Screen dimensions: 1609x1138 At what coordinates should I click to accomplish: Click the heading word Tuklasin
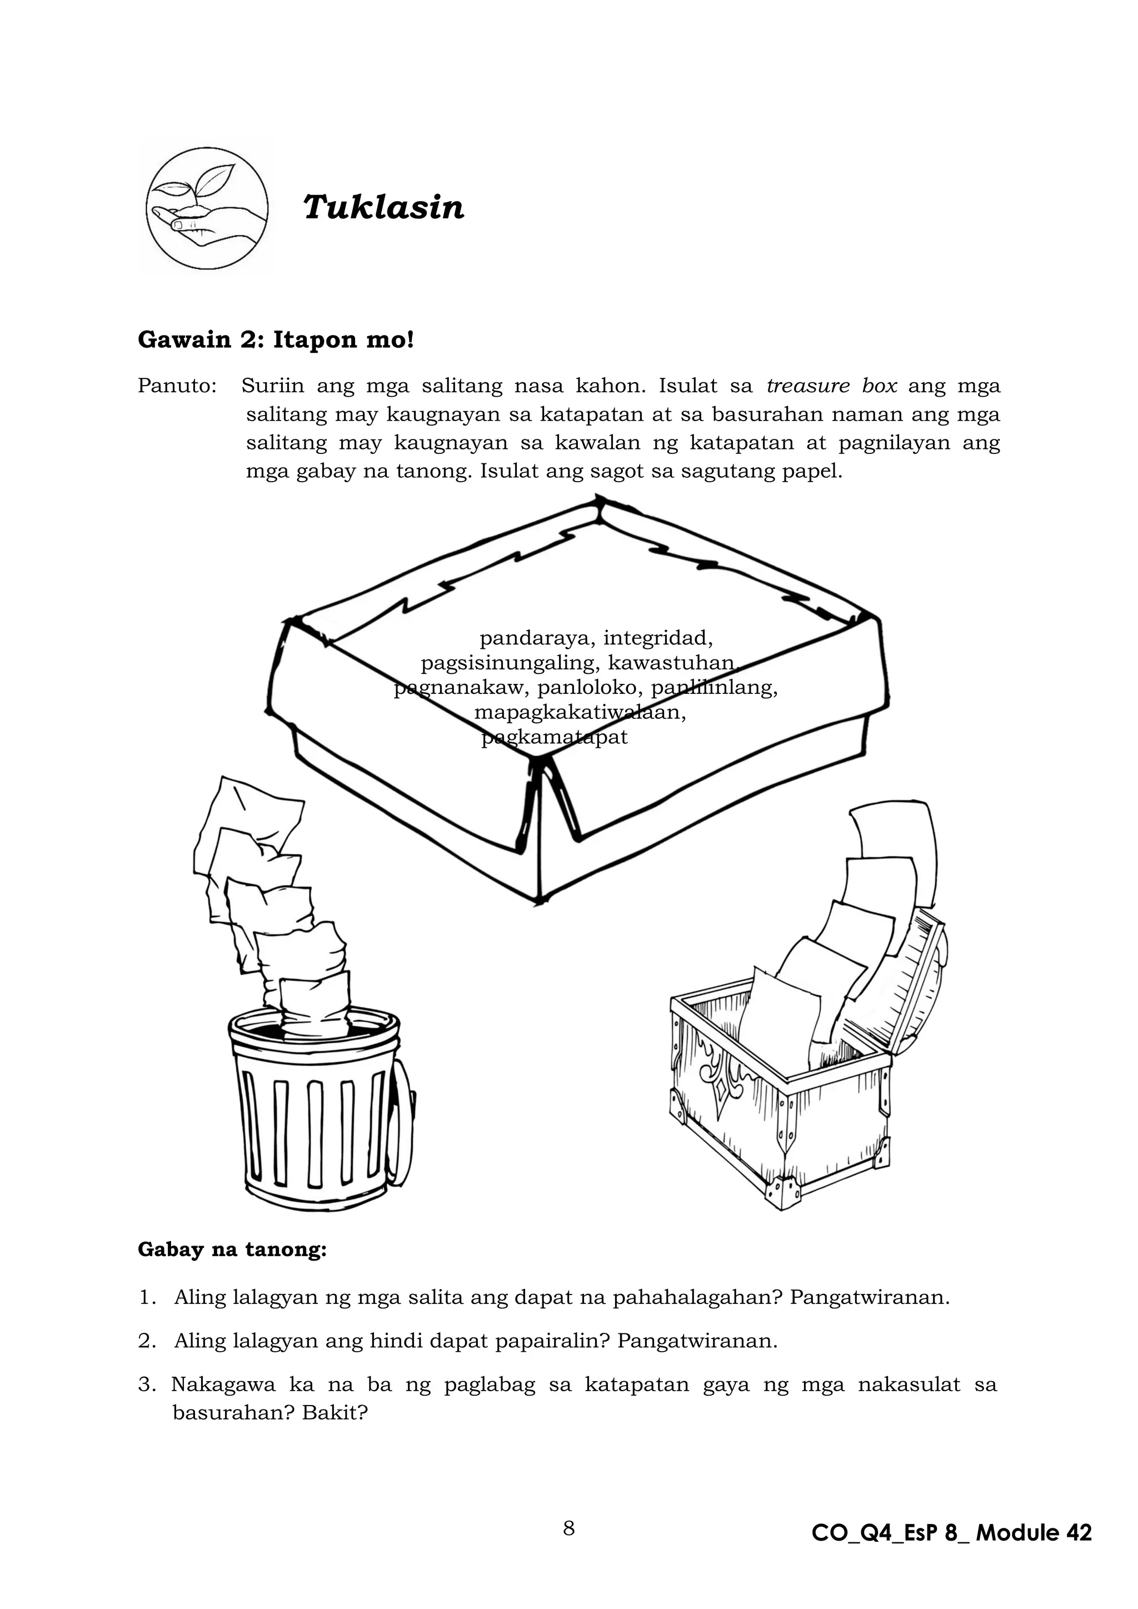383,207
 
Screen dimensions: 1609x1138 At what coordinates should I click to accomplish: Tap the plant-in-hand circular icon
207,209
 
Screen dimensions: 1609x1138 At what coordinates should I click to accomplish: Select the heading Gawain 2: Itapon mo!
276,340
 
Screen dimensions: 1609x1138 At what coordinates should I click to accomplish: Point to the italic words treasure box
832,386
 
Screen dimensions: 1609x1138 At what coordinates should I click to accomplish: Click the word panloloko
590,687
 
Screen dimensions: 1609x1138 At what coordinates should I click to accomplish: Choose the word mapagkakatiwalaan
580,713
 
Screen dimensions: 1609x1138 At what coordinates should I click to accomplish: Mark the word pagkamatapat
555,737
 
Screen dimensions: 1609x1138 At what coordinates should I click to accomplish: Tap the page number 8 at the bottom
569,1528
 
